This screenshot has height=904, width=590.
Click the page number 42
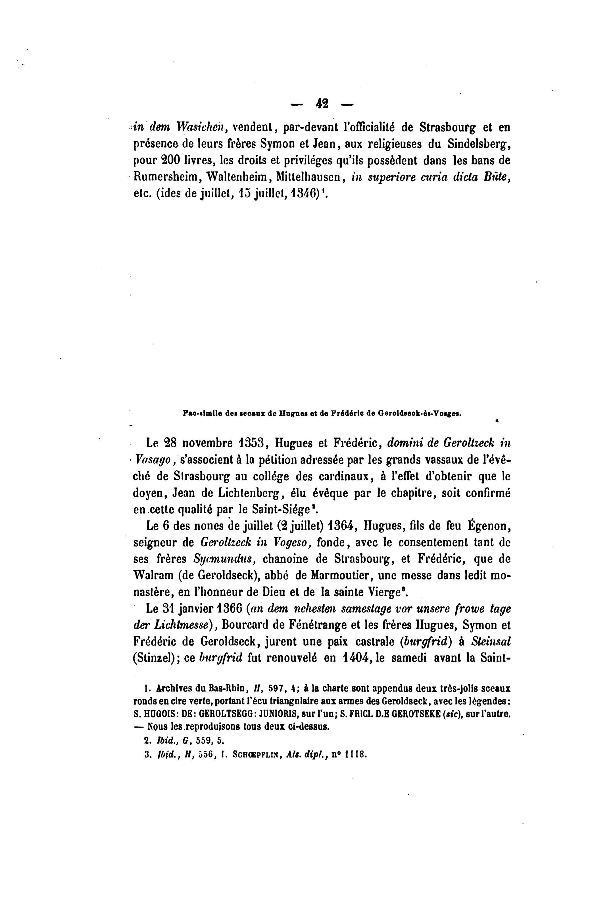tap(321, 103)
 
